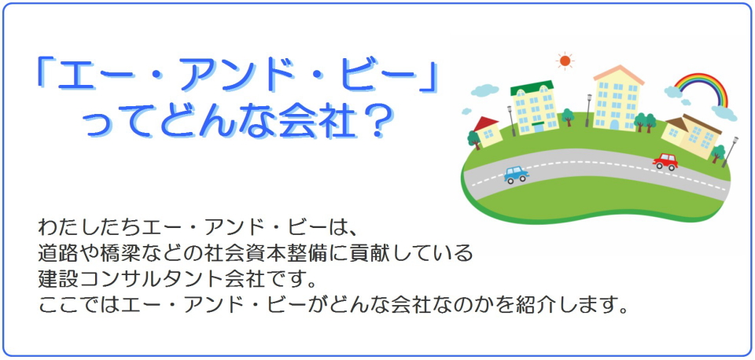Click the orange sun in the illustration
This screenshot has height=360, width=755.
[565, 61]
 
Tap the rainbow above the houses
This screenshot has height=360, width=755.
[701, 78]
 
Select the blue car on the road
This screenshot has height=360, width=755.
[516, 174]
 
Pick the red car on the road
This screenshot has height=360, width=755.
[665, 162]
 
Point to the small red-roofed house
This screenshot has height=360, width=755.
[488, 131]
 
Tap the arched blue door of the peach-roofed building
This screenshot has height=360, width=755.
[614, 125]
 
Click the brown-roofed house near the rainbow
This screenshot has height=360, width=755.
[692, 136]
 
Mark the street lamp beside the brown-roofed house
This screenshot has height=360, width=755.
[730, 152]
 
